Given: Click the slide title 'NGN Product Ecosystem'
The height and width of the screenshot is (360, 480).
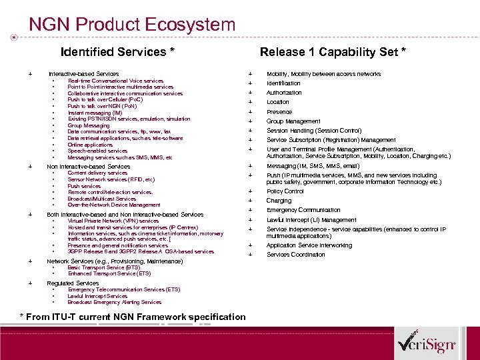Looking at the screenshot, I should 132,25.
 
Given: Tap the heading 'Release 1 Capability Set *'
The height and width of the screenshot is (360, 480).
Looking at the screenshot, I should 333,52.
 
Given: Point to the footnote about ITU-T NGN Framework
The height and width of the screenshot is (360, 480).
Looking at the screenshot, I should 133,317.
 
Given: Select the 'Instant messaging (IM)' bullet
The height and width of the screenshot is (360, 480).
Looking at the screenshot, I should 95,113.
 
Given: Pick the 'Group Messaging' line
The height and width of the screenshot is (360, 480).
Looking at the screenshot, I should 88,125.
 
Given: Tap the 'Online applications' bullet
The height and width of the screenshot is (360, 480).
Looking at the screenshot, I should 90,145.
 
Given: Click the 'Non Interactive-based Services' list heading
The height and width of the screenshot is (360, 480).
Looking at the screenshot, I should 88,166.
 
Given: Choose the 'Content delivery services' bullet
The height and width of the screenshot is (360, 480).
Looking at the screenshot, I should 97,173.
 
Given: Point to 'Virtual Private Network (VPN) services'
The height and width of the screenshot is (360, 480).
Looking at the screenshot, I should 113,221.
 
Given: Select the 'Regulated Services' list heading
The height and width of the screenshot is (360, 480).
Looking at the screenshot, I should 73,283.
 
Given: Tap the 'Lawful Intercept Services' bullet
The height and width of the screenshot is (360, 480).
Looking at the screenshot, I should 97,296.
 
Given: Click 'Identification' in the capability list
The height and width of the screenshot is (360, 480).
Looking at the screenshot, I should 283,83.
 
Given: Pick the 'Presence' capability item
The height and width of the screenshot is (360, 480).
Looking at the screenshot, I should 279,112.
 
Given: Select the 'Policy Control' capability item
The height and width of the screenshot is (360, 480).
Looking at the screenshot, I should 285,191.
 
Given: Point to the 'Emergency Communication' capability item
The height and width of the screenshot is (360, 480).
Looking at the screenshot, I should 303,210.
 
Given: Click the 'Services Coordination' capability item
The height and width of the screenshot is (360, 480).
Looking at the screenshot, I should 296,255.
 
